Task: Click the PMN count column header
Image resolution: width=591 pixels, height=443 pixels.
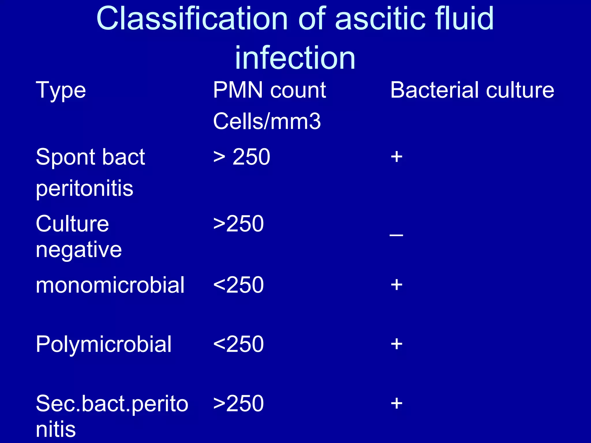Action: click(270, 90)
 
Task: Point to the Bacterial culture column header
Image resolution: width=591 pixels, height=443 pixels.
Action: click(472, 90)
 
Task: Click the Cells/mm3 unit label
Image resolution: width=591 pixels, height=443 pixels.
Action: click(267, 121)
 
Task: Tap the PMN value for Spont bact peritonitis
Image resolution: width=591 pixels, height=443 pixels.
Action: click(242, 157)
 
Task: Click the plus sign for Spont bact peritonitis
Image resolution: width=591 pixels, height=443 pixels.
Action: click(397, 157)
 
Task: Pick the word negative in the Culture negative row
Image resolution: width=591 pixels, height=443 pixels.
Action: click(79, 250)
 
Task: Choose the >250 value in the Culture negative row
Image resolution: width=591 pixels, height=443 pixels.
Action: click(239, 224)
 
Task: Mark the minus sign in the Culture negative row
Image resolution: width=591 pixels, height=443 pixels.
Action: click(396, 235)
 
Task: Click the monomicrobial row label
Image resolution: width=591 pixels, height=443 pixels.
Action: click(110, 285)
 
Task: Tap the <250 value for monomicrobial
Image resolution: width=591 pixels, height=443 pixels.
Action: click(239, 285)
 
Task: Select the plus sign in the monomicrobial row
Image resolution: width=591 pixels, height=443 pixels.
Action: click(397, 285)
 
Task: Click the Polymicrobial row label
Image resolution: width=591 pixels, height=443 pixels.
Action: click(104, 344)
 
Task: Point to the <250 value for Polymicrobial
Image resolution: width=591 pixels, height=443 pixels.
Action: click(239, 344)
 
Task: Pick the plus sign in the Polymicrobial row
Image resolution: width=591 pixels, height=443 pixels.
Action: click(397, 344)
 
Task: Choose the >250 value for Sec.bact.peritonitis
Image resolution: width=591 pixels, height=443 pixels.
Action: click(239, 403)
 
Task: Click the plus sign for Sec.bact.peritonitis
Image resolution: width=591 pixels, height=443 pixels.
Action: click(397, 403)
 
